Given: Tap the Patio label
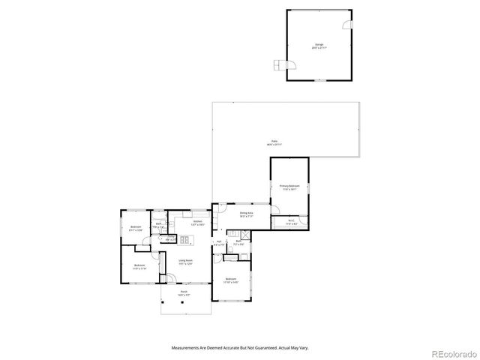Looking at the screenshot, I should click(x=274, y=142).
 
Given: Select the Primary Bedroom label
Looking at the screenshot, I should click(x=289, y=187).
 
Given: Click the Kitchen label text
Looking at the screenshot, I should click(x=197, y=223).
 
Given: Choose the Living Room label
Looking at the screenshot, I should click(x=186, y=262).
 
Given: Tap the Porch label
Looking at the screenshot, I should click(x=184, y=294).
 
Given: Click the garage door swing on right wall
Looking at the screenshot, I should click(x=346, y=25).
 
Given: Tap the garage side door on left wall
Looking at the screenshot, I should click(x=280, y=64).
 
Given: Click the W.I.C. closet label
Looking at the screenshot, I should click(x=292, y=223).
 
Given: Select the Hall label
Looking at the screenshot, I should click(x=219, y=244).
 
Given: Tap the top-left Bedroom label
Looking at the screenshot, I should click(x=135, y=228).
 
